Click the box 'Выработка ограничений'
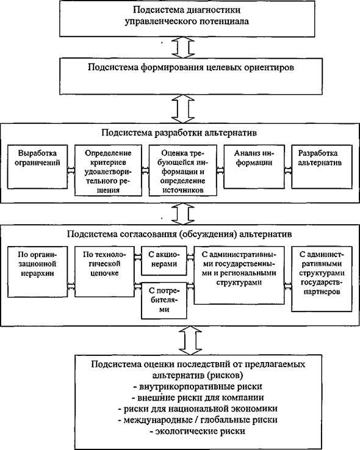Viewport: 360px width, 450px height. (38, 167)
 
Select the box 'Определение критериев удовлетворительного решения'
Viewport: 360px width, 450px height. (108, 170)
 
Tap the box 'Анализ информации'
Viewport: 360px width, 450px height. (254, 167)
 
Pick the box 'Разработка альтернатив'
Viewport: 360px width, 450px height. (322, 167)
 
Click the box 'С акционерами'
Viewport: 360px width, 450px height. (164, 261)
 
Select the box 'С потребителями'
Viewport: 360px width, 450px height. (164, 300)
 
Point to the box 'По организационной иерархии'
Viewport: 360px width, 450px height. (38, 272)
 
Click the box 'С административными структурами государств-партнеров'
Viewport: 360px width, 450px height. (322, 278)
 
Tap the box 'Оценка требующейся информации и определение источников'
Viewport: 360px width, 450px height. (182, 170)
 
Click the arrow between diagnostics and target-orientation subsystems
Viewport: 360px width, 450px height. (183, 48)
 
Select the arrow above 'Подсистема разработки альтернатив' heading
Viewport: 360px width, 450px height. (183, 109)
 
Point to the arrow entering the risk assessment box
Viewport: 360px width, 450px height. (190, 340)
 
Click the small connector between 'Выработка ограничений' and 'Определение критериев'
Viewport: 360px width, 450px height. (71, 170)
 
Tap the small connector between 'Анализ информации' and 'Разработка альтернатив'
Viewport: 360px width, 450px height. (288, 170)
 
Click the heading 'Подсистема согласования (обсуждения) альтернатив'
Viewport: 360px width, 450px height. (179, 234)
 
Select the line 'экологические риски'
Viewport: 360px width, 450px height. (198, 431)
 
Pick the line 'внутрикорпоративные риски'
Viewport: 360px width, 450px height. (198, 386)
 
